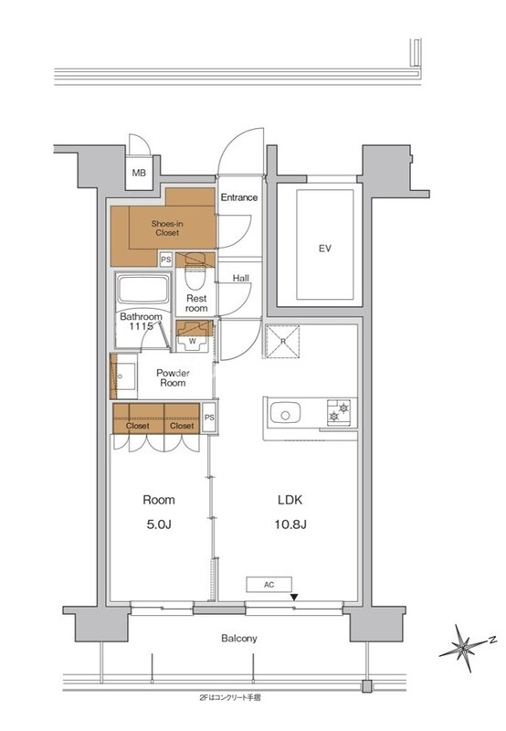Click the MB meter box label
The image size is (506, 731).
(x=139, y=173)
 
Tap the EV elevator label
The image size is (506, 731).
(x=325, y=249)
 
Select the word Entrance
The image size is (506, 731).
(x=239, y=197)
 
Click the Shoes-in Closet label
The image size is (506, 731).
(x=167, y=228)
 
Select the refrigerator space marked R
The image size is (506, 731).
(x=282, y=342)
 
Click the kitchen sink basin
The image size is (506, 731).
(x=285, y=413)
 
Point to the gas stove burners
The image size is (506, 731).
(x=339, y=412)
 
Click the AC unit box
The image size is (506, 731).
(x=269, y=585)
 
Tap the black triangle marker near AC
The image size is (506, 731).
(x=294, y=598)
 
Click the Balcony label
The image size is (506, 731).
(x=239, y=638)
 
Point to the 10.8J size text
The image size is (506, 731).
(x=290, y=524)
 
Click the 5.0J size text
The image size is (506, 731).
(x=159, y=524)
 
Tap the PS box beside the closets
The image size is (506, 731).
(x=210, y=418)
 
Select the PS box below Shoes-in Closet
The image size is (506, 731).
(x=166, y=260)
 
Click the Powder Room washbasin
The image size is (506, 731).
(x=124, y=376)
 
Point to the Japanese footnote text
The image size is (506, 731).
(x=229, y=698)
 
